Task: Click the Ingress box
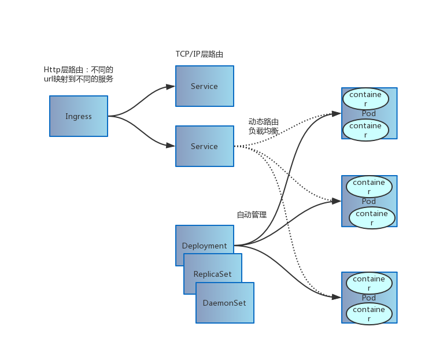click(x=79, y=116)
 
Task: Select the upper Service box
click(x=205, y=86)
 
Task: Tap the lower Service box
click(x=205, y=146)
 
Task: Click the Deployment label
click(x=204, y=246)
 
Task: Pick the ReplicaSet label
click(x=212, y=274)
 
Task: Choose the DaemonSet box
click(x=225, y=303)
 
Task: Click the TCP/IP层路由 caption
click(x=199, y=54)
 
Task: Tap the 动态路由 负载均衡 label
click(x=263, y=127)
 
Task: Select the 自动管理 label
click(x=252, y=215)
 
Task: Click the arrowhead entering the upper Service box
click(x=171, y=87)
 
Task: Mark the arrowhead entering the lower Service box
click(x=171, y=145)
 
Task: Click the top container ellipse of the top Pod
click(x=365, y=99)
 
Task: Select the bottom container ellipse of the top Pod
click(x=365, y=130)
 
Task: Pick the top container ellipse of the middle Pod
click(x=369, y=187)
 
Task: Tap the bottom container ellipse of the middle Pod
click(x=372, y=218)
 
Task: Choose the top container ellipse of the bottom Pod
click(x=369, y=283)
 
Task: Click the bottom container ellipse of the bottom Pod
click(x=369, y=314)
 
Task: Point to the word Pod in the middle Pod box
click(x=369, y=202)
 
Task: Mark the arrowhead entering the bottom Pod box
click(x=337, y=297)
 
